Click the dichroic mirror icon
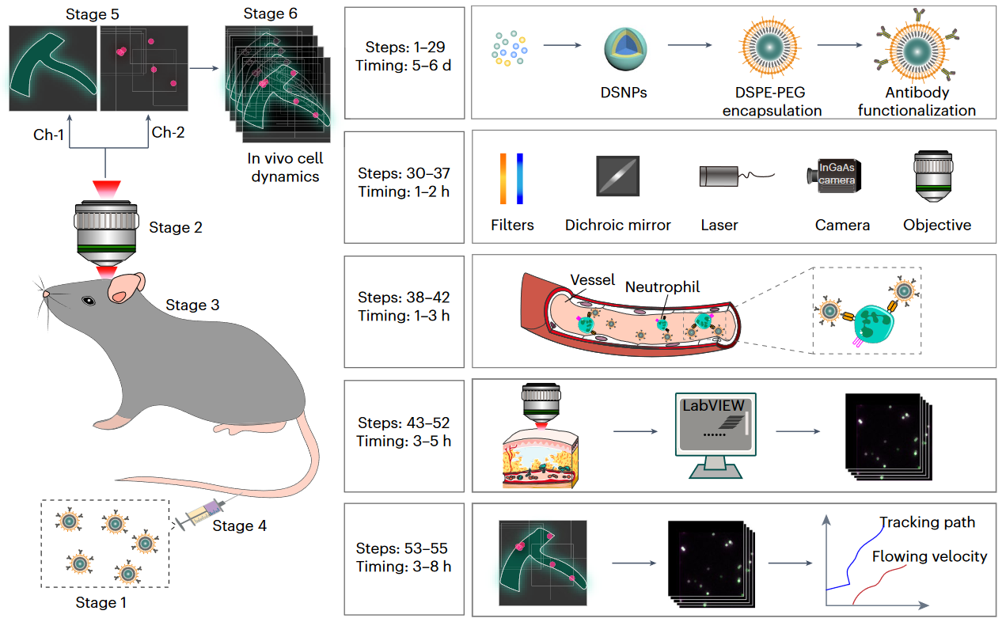[617, 176]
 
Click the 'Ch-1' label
[50, 133]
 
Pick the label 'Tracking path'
[927, 522]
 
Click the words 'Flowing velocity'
[929, 556]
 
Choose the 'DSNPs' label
[623, 93]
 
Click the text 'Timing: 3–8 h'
[404, 566]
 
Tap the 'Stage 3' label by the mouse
[192, 305]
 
